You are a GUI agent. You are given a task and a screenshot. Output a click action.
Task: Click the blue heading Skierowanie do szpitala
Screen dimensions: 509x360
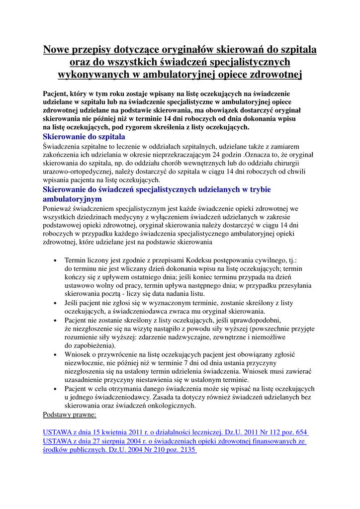tap(84, 136)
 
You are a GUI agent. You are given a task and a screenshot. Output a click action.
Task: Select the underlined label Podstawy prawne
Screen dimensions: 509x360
tap(70, 414)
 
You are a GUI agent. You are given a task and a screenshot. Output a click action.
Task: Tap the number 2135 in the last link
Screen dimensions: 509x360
tap(185, 450)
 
